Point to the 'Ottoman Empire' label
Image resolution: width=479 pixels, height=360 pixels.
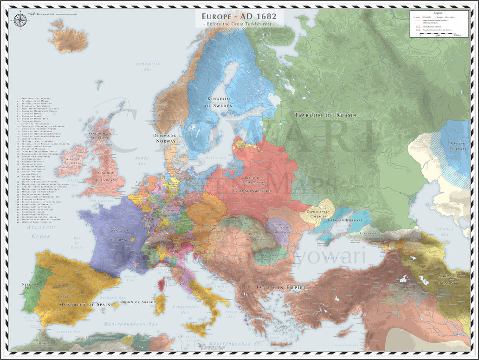[282, 288]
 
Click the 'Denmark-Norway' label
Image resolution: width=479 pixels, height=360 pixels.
[165, 138]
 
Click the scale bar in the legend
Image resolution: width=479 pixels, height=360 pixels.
[438, 34]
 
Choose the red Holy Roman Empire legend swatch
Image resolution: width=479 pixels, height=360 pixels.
[418, 27]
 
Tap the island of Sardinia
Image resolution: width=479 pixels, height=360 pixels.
[160, 304]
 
